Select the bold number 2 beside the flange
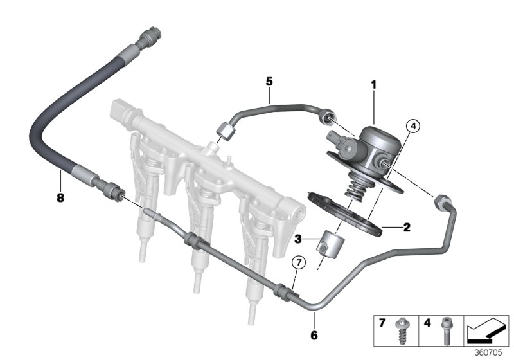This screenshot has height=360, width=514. [x=405, y=226]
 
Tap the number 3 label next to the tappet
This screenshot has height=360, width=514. [x=297, y=239]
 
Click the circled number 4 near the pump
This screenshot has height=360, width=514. [x=412, y=127]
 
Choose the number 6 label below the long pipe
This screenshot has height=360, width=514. [x=315, y=335]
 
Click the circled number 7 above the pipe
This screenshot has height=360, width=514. [x=297, y=262]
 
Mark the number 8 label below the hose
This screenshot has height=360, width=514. [x=60, y=198]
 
